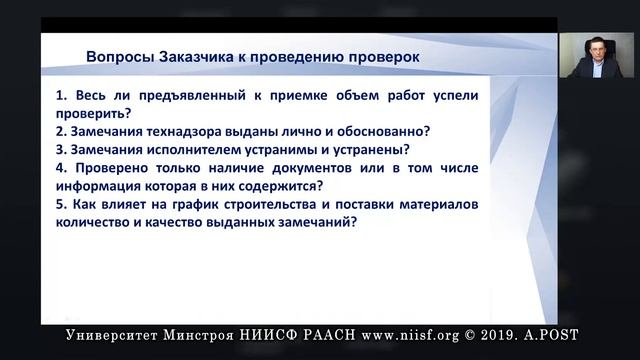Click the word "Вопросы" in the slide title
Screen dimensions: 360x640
tap(119, 56)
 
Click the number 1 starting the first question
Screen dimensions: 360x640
tap(60, 99)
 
